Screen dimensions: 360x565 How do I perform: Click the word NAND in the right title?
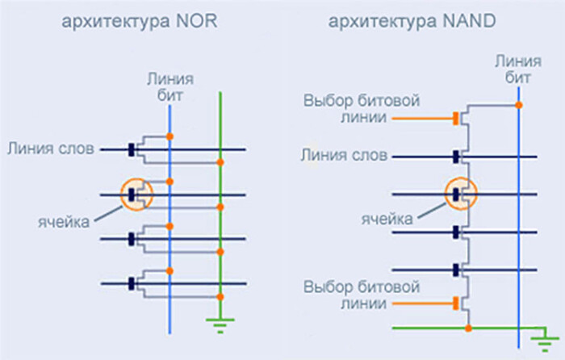click(467, 22)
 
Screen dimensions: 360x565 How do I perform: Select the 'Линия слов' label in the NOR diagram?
click(52, 149)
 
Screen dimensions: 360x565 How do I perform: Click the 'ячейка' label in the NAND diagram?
click(387, 218)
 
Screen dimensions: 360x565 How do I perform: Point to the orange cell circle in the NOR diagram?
click(135, 194)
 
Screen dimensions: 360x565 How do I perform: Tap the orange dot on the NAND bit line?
click(518, 105)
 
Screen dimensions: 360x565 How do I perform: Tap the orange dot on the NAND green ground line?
click(468, 328)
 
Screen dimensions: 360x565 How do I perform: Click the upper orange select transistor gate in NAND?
click(456, 118)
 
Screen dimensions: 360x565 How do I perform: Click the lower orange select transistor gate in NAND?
click(456, 303)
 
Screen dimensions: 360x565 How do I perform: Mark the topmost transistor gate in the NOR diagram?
click(132, 149)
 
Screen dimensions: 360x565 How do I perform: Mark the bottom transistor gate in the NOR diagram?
click(132, 283)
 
